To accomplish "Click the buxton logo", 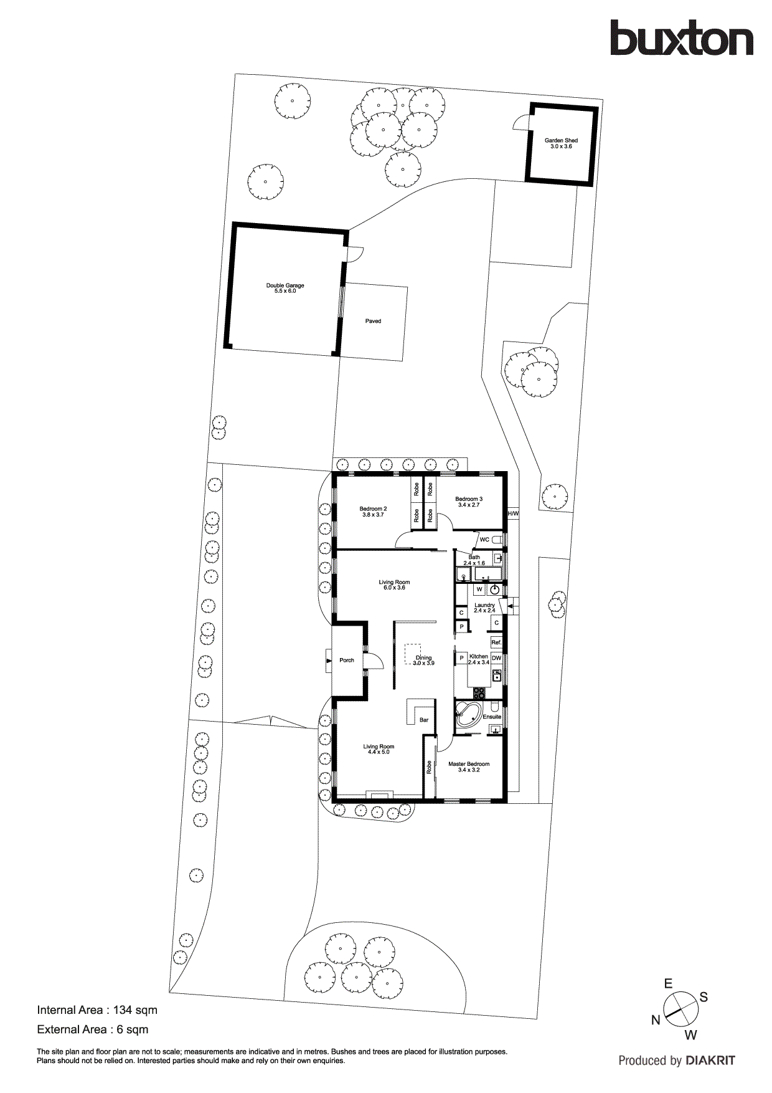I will click(681, 39).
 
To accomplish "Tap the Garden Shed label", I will click(561, 143).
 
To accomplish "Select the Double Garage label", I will click(285, 288).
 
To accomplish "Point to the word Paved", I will click(373, 322).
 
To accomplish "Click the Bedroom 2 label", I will click(373, 512).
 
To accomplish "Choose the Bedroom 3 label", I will click(469, 502).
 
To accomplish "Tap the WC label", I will click(484, 540).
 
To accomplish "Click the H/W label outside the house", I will click(513, 513).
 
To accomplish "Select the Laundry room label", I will click(484, 608).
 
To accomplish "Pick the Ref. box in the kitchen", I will click(496, 642).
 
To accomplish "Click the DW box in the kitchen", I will click(496, 658).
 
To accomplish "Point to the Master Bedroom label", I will click(469, 766).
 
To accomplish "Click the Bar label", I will click(424, 720).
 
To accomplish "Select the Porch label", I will click(347, 660).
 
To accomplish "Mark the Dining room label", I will click(423, 660).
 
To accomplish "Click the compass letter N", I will click(656, 1020).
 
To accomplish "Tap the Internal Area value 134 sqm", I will click(135, 1010).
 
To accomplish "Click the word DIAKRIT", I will click(710, 1061).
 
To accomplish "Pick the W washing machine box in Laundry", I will click(479, 589).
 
